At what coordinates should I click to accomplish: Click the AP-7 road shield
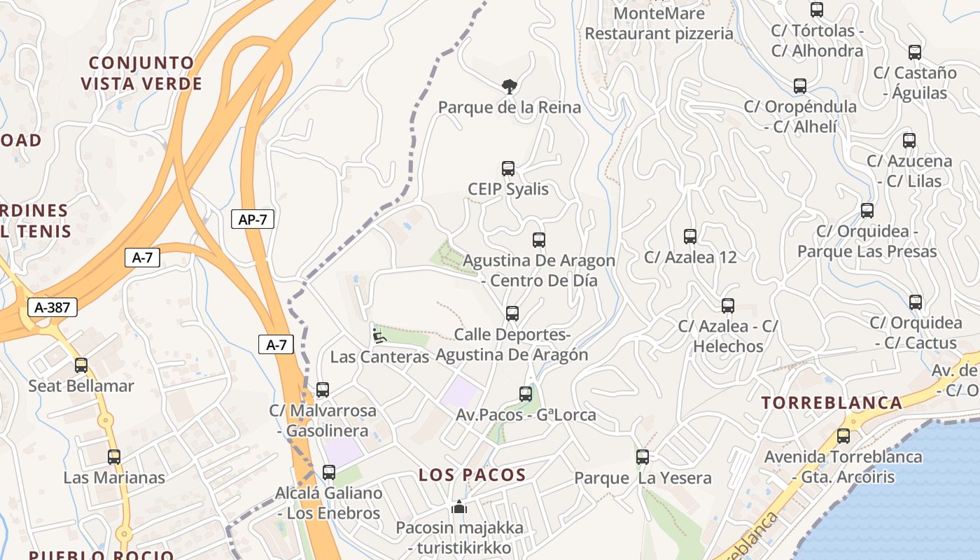pos(252,219)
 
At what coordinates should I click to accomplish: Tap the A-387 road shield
pos(52,307)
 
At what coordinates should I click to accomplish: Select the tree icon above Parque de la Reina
pos(510,86)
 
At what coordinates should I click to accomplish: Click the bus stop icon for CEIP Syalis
pos(508,169)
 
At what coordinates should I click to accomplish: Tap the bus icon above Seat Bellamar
pos(81,365)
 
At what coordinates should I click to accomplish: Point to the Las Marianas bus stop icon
pos(114,457)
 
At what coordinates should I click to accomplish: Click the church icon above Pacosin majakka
pos(459,506)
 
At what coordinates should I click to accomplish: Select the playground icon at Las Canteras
pos(379,336)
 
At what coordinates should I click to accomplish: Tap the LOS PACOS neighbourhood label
pos(472,475)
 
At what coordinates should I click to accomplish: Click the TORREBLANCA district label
pos(832,402)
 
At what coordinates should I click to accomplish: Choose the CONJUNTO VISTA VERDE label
pos(141,73)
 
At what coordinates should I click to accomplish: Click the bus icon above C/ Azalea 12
pos(690,237)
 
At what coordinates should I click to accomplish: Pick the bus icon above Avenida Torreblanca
pos(843,436)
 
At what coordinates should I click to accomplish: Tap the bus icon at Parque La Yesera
pos(643,457)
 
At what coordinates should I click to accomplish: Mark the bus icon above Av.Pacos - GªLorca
pos(526,394)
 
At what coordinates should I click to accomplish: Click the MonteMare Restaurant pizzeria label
pos(659,23)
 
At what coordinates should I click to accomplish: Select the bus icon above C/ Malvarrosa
pos(323,390)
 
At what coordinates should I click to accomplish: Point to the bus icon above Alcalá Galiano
pos(329,472)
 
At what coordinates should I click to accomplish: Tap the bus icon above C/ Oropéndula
pos(800,86)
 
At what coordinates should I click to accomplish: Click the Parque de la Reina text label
pos(510,107)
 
